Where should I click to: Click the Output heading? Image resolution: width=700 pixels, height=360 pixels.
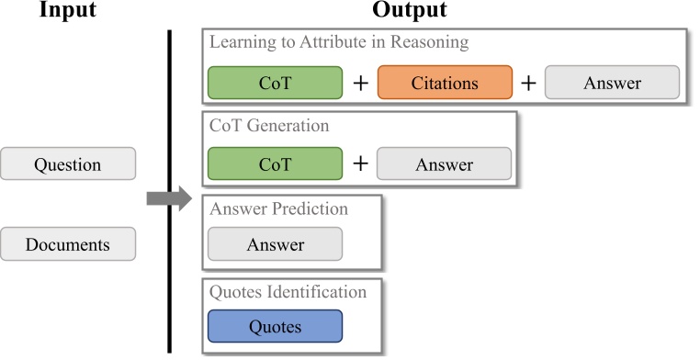tap(410, 12)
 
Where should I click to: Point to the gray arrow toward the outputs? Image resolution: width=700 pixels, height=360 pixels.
tap(166, 199)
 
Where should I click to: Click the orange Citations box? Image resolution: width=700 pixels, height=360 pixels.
tap(445, 83)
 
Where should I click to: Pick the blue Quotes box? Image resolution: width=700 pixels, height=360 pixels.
tap(276, 326)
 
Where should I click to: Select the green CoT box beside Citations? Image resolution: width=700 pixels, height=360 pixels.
tap(276, 83)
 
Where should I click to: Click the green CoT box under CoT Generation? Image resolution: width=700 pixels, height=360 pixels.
tap(276, 164)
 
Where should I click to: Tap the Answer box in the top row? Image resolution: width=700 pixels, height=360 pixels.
tap(613, 83)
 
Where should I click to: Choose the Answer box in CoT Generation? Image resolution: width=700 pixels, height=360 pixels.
tap(444, 164)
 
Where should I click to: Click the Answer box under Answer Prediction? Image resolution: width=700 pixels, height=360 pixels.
tap(276, 245)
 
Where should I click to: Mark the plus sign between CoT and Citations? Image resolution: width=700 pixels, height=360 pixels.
tap(361, 83)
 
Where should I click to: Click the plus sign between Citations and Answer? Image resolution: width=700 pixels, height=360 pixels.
tap(529, 83)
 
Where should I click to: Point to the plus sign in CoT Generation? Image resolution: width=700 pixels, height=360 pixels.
tap(361, 164)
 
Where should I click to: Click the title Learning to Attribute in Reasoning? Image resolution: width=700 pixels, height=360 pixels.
tap(339, 42)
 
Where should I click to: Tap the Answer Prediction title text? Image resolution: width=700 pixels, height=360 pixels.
tap(279, 208)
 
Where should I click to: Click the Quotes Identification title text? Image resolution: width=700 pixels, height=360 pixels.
tap(288, 292)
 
